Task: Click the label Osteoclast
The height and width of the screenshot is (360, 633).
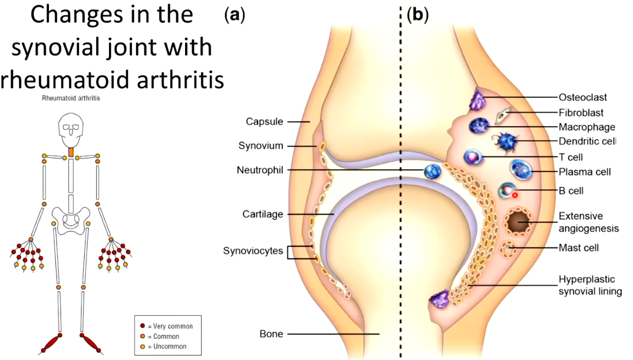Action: [x=582, y=97]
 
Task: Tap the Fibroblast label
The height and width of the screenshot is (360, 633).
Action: [x=581, y=112]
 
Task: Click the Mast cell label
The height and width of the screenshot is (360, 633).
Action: [x=578, y=247]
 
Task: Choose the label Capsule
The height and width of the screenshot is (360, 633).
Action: [x=265, y=121]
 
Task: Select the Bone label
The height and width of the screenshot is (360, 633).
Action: [x=271, y=334]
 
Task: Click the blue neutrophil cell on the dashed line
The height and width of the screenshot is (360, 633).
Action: [x=433, y=171]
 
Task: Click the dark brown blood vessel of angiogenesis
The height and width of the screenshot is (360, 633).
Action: [x=519, y=222]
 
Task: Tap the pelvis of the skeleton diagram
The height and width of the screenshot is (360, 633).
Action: [x=71, y=218]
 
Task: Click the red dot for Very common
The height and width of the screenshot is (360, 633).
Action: [x=142, y=326]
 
